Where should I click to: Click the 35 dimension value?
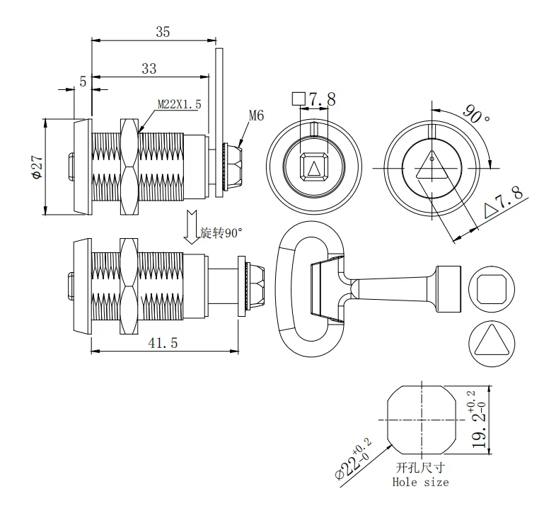(x=163, y=31)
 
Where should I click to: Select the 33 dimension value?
(x=149, y=68)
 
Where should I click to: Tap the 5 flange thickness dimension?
(x=83, y=81)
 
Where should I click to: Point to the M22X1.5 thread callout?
(x=179, y=104)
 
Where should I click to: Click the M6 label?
(x=256, y=116)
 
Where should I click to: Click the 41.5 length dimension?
(x=163, y=342)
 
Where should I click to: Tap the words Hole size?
(x=420, y=483)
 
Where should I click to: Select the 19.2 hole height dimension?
(x=480, y=418)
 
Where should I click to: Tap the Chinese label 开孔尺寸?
(x=420, y=468)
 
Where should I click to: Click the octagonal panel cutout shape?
(x=420, y=419)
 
